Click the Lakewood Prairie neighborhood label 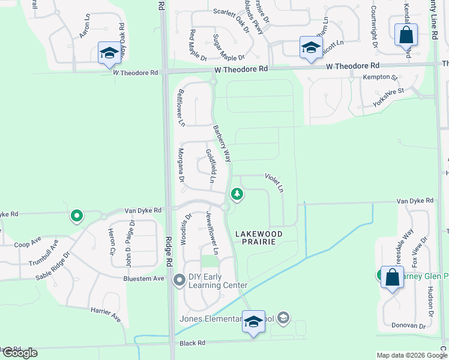point(256,237)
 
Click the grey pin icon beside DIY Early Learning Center point(179,280)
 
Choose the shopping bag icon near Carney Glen point(392,278)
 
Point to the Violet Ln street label point(274,183)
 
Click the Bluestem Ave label point(143,278)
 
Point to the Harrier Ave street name point(106,314)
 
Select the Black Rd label point(192,343)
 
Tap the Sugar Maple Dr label point(226,48)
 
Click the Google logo point(19,352)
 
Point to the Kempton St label point(380,77)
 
